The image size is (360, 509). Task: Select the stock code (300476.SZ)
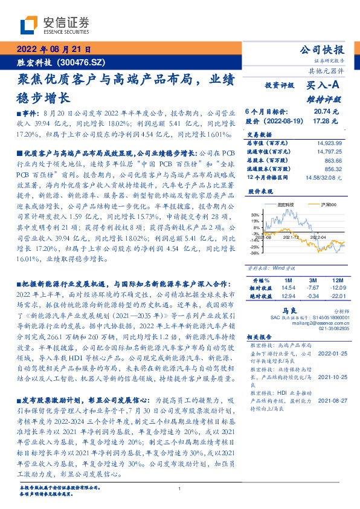[81, 62]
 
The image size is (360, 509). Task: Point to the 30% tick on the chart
[255, 214]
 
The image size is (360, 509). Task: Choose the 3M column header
[312, 281]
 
